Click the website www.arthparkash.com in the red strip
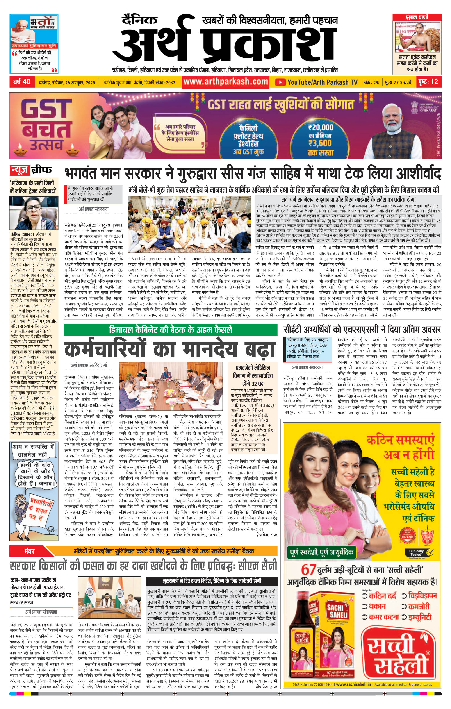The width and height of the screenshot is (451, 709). pyautogui.click(x=226, y=82)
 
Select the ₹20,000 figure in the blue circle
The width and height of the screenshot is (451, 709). pyautogui.click(x=321, y=127)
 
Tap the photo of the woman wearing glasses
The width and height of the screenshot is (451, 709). pyautogui.click(x=34, y=213)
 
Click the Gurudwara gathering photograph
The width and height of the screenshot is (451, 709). pyautogui.click(x=189, y=224)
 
